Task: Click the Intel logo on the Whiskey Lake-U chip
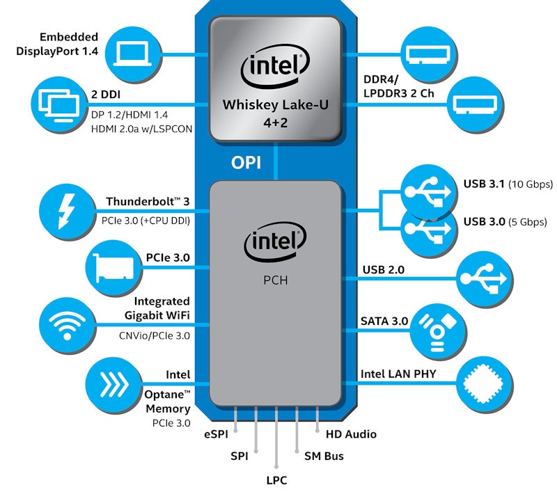(x=276, y=68)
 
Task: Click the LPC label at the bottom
(x=277, y=481)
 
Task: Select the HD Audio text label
(x=351, y=434)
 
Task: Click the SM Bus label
(x=324, y=457)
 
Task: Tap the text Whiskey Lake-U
(x=277, y=105)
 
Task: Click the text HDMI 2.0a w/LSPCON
(x=141, y=129)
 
